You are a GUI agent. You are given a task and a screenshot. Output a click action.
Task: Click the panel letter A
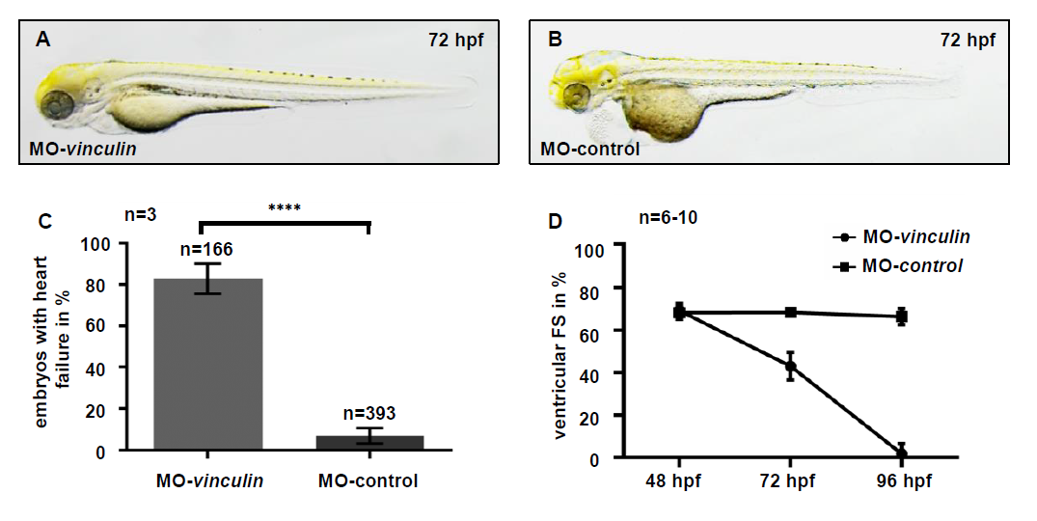[x=42, y=40]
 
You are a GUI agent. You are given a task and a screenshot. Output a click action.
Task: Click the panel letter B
[x=555, y=40]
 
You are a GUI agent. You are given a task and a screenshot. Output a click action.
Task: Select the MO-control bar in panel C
[x=369, y=443]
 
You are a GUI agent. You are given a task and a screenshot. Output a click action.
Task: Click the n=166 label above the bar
[x=208, y=250]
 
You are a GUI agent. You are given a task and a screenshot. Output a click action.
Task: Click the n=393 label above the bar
[x=368, y=416]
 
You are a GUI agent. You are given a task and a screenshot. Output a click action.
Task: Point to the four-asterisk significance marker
[x=287, y=206]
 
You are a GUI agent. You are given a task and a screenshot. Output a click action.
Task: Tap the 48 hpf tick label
[x=679, y=480]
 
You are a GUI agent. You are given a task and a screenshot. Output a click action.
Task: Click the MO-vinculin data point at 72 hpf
[x=791, y=366]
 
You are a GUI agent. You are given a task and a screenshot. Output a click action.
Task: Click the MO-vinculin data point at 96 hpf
[x=902, y=453]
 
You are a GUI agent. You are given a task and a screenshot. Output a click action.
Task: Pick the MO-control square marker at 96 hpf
[x=902, y=315]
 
